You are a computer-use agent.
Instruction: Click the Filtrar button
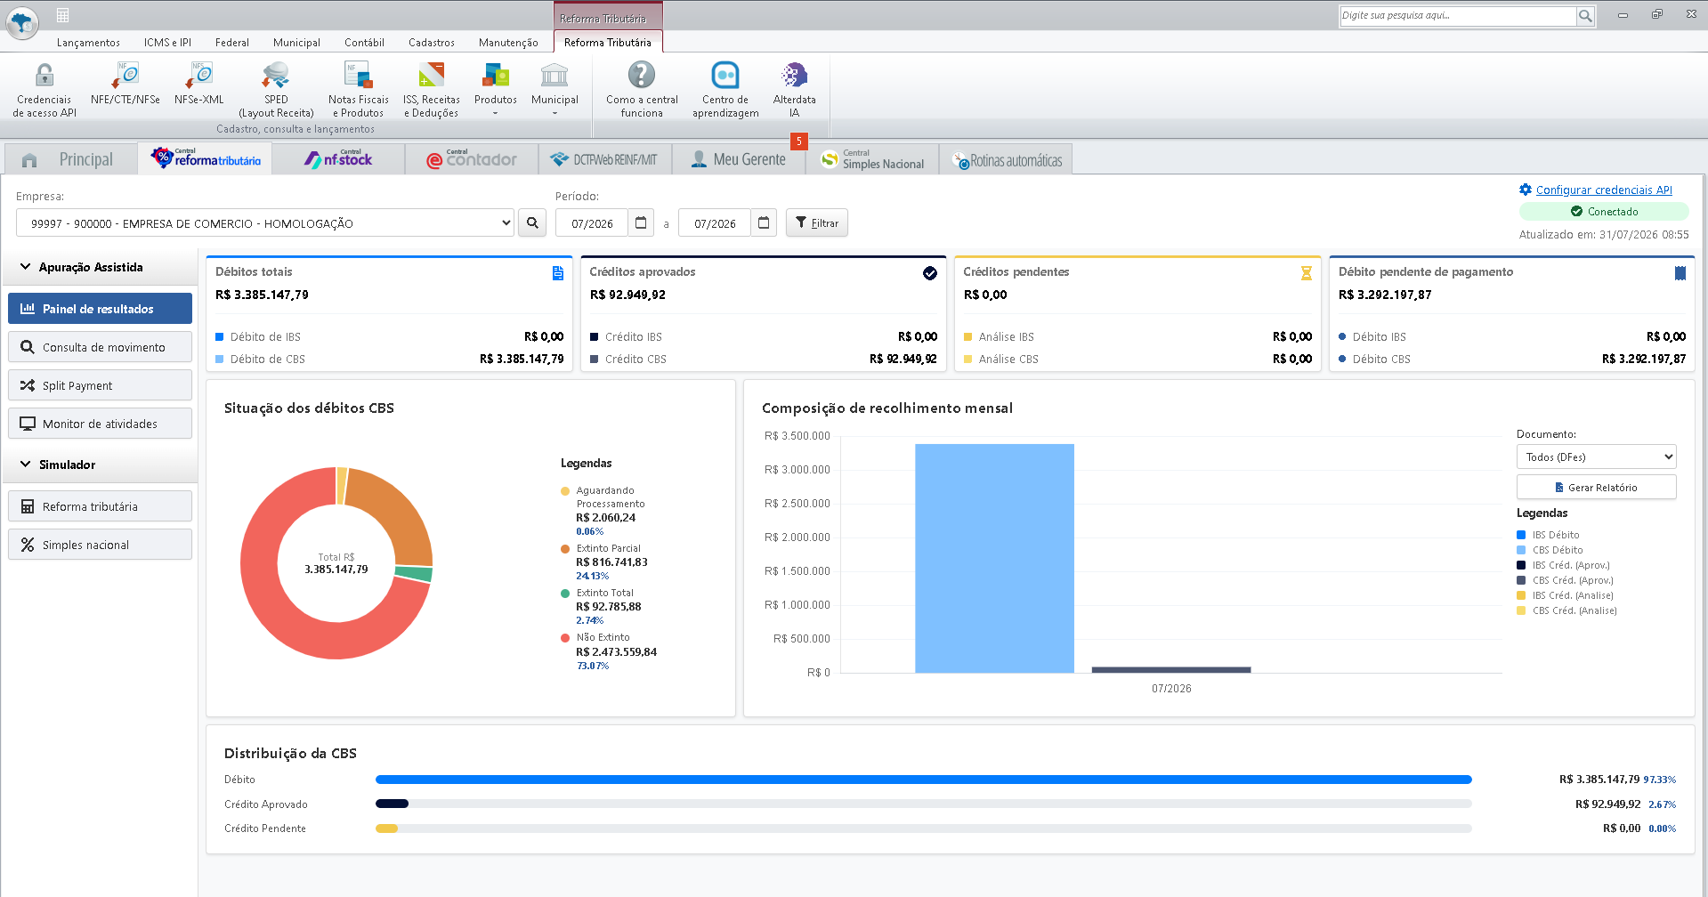point(816,222)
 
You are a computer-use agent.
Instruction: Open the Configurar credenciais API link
point(1604,190)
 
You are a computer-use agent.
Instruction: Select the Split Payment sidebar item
point(100,385)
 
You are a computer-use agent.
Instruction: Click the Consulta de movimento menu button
point(100,347)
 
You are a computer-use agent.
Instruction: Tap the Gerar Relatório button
point(1596,487)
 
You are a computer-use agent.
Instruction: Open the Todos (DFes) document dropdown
point(1596,457)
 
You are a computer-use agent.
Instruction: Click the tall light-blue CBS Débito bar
point(994,558)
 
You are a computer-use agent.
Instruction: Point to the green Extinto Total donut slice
point(414,574)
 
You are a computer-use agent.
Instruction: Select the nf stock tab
point(338,159)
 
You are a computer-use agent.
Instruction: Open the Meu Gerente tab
point(739,159)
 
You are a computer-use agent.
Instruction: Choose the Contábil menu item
point(364,42)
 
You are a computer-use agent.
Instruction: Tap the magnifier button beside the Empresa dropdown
point(532,222)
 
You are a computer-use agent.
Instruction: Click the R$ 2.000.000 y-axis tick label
point(797,537)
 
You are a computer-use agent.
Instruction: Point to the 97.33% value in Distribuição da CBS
point(1659,780)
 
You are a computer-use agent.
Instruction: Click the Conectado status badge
point(1604,212)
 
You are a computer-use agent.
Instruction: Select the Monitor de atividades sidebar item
point(100,424)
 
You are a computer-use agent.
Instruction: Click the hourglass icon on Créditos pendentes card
point(1306,273)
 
